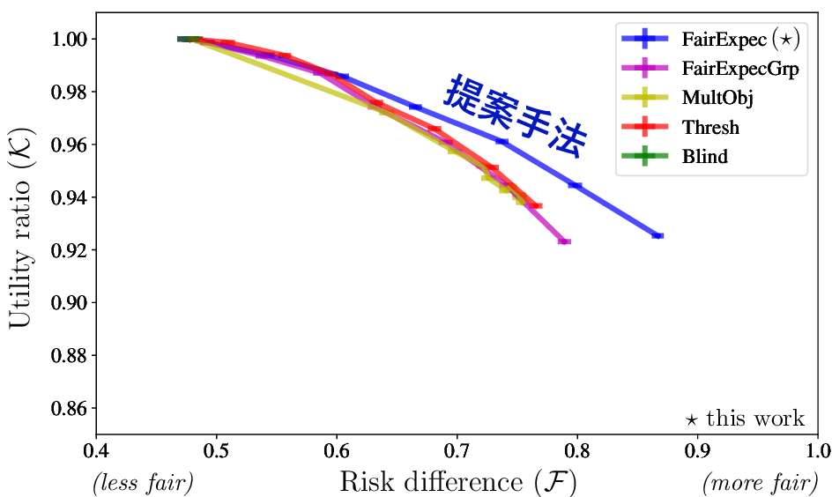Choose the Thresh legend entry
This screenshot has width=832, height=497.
point(710,128)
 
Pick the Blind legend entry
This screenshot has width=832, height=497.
point(704,158)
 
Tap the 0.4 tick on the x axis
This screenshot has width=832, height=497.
point(96,452)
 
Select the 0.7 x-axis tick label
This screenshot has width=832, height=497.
point(457,452)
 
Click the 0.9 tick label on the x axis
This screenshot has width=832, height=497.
point(698,452)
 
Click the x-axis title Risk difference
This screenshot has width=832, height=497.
point(458,482)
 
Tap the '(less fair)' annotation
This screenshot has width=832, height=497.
point(142,483)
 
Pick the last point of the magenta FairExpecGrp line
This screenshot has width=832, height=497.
point(564,241)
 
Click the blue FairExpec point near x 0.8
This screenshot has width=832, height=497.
point(576,185)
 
